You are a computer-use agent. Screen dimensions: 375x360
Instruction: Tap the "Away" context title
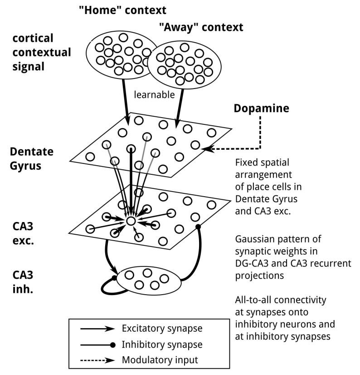click(201, 28)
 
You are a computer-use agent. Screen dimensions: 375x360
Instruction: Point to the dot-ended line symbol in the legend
click(97, 345)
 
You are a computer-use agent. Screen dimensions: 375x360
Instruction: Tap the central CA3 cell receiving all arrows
click(131, 221)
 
